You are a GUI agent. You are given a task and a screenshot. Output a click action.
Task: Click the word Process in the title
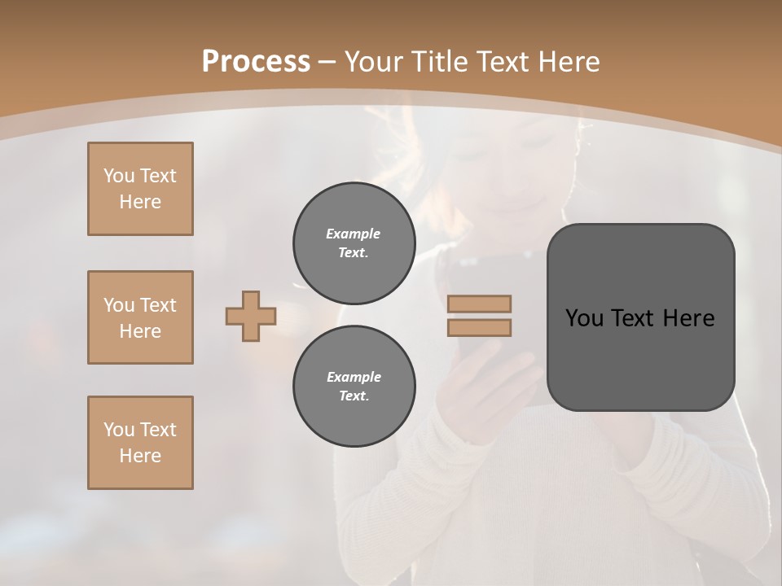[x=256, y=62]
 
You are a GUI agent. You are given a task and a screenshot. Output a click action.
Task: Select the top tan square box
[x=140, y=189]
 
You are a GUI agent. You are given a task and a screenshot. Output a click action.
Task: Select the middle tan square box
[x=140, y=317]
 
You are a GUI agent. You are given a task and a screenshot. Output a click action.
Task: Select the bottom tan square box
[x=140, y=443]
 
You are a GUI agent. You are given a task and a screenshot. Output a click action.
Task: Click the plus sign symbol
[x=251, y=316]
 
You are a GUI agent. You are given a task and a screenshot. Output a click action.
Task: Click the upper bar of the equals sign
[x=479, y=304]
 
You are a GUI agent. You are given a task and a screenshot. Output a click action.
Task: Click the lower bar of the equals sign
[x=479, y=328]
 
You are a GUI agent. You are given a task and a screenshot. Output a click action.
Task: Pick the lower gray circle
[x=354, y=387]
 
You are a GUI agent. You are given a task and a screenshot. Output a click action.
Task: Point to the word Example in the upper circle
[x=354, y=234]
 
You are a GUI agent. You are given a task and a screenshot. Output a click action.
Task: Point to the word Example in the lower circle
[x=354, y=377]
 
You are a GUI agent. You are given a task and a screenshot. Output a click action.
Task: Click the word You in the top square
[x=118, y=176]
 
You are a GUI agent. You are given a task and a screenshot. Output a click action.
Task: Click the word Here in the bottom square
[x=140, y=456]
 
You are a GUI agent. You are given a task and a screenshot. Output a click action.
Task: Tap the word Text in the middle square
[x=157, y=305]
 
